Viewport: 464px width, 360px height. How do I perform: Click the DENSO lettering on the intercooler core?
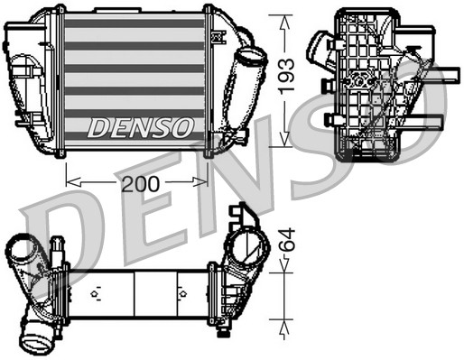tap(140, 127)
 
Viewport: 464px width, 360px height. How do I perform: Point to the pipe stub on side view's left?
tap(321, 45)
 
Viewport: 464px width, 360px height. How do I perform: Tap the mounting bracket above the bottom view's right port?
tap(242, 215)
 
